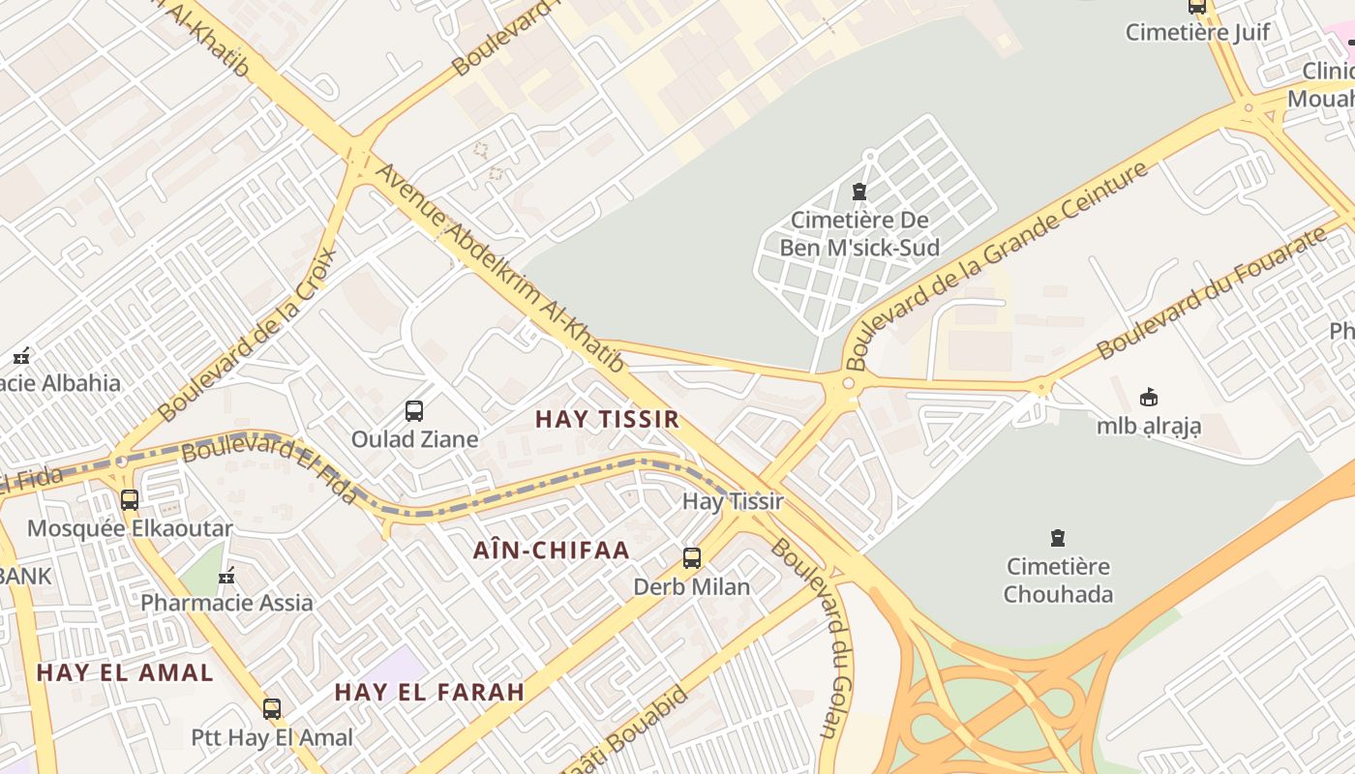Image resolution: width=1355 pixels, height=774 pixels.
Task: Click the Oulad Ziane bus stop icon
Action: click(414, 411)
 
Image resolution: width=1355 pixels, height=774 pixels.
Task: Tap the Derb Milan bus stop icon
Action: click(692, 558)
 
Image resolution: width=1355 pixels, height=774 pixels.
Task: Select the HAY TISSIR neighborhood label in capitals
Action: click(607, 419)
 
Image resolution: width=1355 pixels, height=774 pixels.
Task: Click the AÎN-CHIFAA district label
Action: click(552, 551)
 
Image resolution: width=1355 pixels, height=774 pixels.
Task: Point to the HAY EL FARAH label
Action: click(430, 692)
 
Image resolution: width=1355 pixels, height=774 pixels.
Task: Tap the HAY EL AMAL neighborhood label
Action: click(125, 672)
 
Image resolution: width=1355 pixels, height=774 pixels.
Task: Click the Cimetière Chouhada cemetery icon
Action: click(1058, 538)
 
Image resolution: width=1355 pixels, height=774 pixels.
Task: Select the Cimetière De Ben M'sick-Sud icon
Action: click(858, 192)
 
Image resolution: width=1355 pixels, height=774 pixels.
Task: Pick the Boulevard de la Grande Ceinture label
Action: click(997, 265)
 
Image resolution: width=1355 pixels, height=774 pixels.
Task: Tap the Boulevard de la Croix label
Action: click(248, 334)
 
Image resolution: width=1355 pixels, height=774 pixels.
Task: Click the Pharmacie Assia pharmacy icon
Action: click(226, 577)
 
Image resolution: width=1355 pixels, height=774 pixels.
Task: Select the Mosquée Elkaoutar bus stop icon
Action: click(130, 500)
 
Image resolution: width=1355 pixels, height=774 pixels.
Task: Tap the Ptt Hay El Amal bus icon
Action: click(272, 709)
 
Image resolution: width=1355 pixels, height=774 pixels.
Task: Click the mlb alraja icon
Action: click(1149, 398)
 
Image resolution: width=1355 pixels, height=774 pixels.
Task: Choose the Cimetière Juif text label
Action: click(1197, 32)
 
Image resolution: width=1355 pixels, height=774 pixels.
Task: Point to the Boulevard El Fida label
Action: click(269, 468)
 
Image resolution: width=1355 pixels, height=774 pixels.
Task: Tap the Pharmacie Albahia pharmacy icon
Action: click(21, 356)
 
